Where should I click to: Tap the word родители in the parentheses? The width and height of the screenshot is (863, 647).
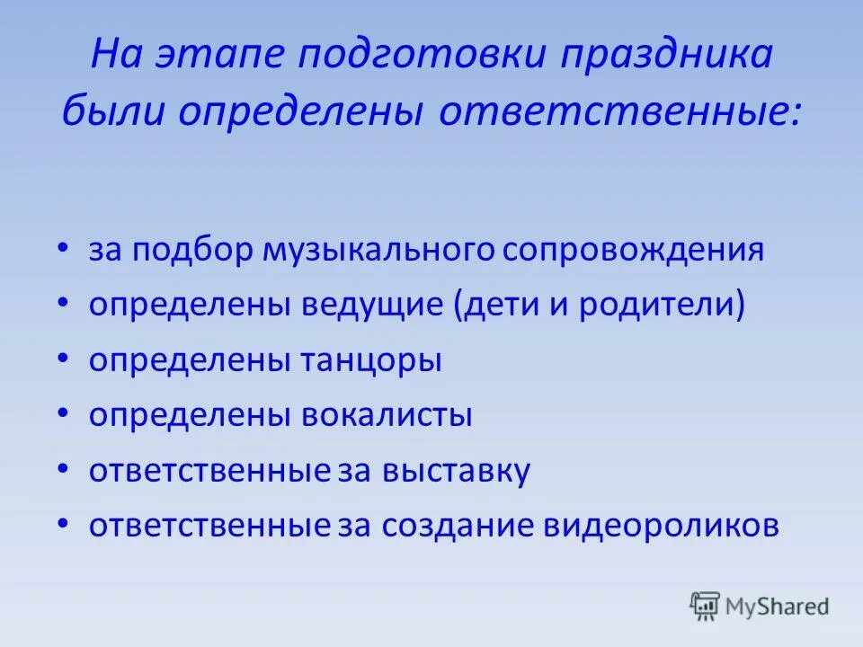657,306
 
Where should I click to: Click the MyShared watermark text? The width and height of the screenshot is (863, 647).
778,607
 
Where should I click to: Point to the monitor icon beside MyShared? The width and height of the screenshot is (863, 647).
705,606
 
